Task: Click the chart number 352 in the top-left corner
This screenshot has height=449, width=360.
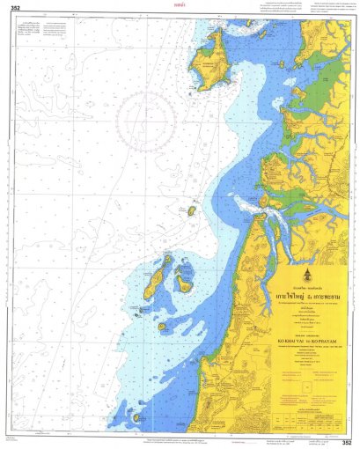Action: (x=15, y=9)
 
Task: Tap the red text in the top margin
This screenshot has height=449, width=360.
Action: (x=180, y=5)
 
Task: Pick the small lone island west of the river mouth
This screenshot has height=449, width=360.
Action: (x=191, y=210)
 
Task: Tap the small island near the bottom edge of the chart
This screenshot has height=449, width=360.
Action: (x=136, y=417)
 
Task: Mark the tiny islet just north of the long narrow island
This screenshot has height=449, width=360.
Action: (x=166, y=259)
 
